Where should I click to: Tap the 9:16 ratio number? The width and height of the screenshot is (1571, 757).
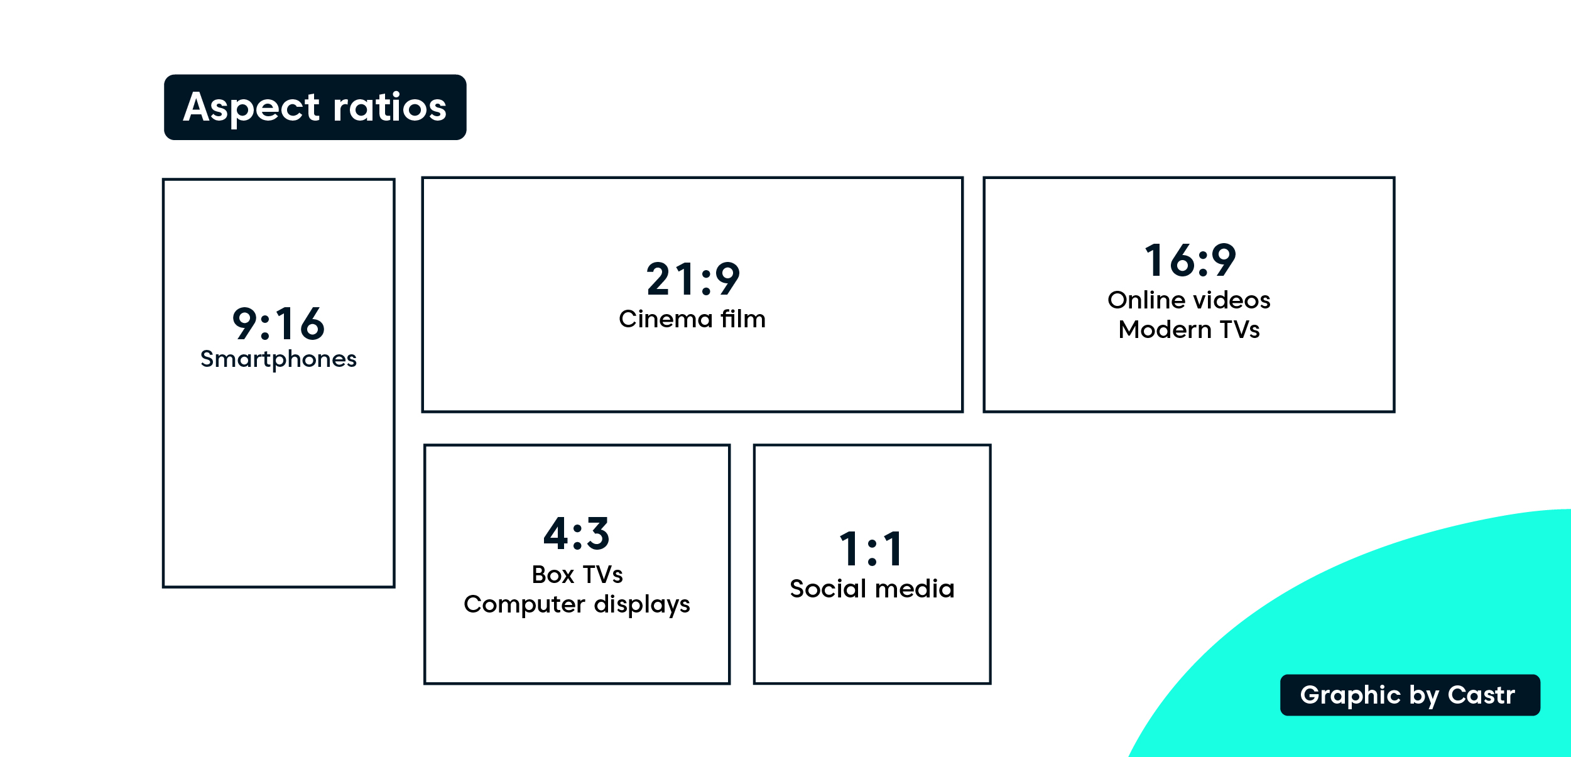[x=278, y=324]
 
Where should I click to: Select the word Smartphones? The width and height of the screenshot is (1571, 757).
[x=278, y=359]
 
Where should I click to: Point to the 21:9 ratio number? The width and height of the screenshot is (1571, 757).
[x=693, y=279]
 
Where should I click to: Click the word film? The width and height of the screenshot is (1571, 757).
[x=743, y=319]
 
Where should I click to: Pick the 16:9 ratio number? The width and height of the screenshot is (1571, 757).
[x=1190, y=260]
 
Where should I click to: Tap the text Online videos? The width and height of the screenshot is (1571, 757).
[x=1189, y=300]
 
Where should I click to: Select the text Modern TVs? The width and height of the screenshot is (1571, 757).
[x=1189, y=330]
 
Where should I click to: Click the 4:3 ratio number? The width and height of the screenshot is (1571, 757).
[x=577, y=533]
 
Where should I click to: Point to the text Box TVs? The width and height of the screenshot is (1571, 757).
[x=577, y=575]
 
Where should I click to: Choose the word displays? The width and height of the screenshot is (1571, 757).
[x=642, y=605]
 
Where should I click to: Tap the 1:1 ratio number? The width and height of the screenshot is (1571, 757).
[x=872, y=549]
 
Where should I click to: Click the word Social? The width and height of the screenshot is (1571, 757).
[x=829, y=589]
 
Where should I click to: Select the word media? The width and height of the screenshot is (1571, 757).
[x=915, y=589]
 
